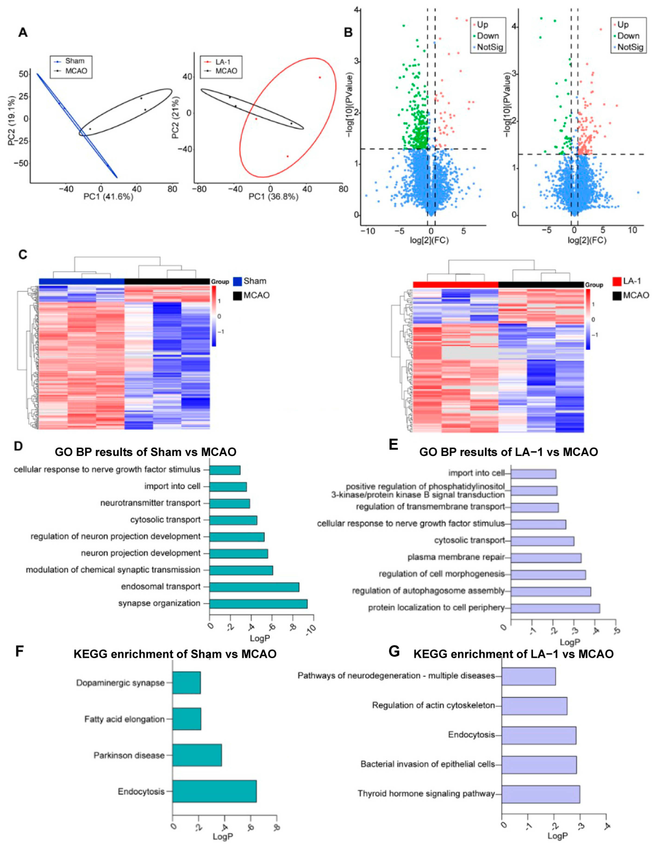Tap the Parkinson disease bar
[x=197, y=755]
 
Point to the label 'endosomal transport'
[x=161, y=587]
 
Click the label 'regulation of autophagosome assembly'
[x=428, y=591]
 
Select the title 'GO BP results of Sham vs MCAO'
[x=145, y=452]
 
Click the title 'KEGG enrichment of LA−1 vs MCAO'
[x=513, y=654]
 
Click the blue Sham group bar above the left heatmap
[x=81, y=281]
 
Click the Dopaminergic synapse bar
[x=187, y=683]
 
